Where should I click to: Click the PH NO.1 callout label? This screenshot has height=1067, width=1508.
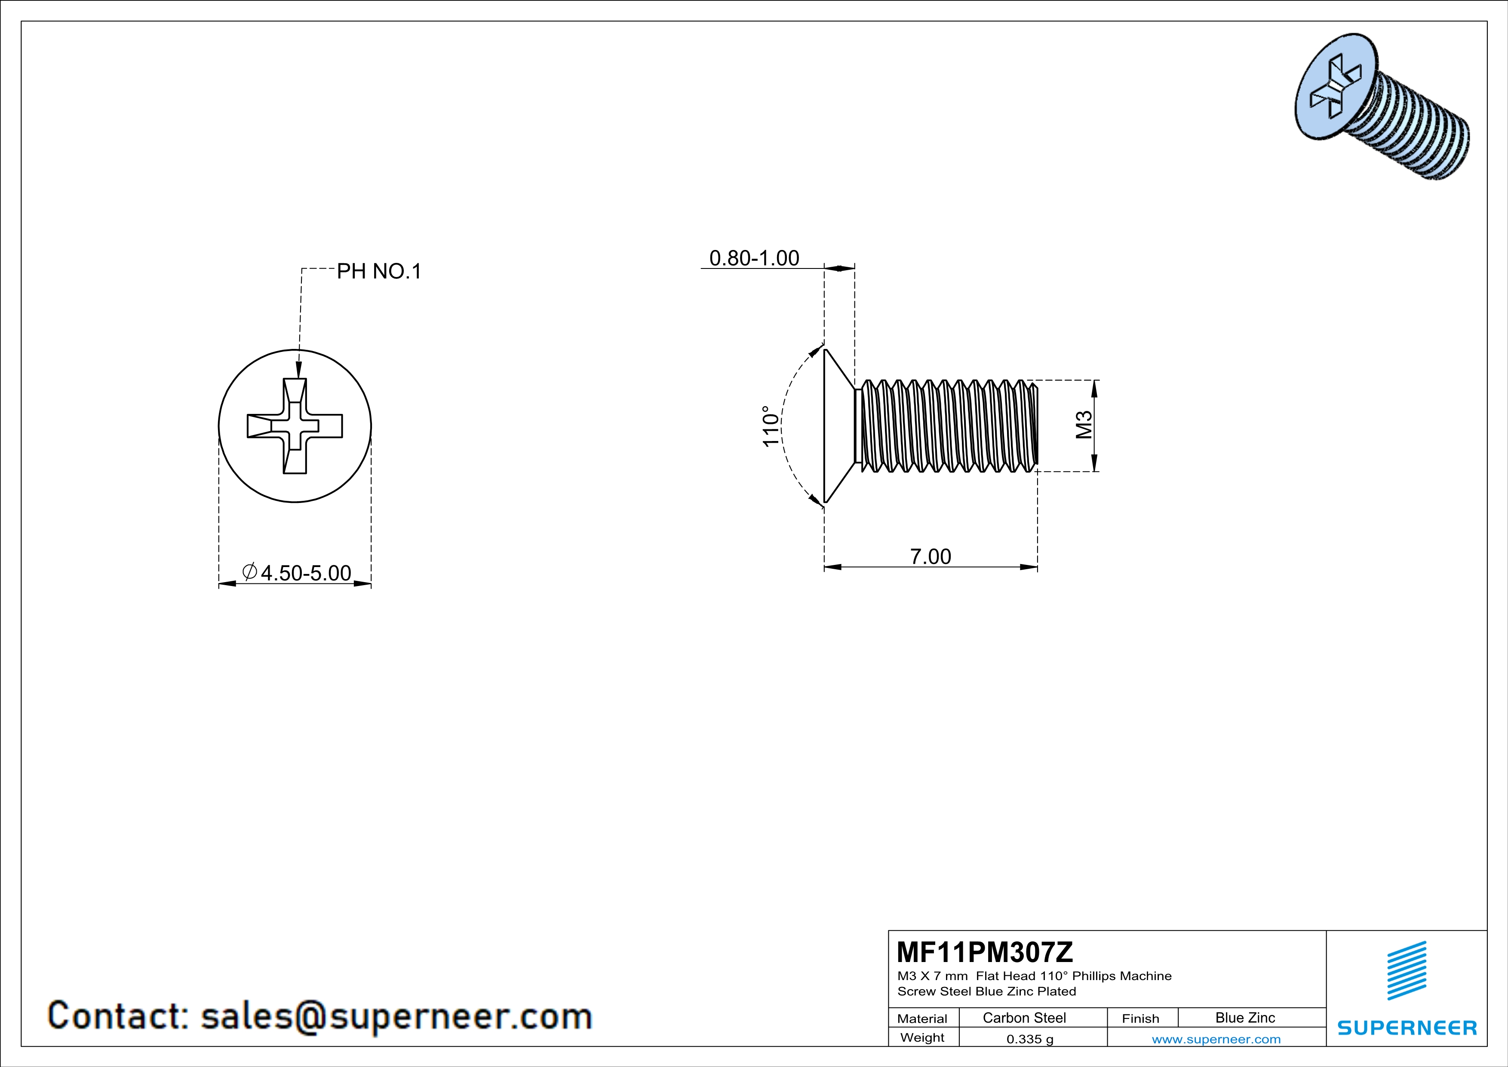coord(378,271)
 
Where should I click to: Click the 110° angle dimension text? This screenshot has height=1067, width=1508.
coord(771,426)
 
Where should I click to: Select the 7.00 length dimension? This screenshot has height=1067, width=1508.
coord(930,556)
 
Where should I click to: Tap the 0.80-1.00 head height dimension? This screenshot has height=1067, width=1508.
coord(754,258)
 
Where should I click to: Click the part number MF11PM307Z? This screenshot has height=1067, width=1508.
coord(985,951)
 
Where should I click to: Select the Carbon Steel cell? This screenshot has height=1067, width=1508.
coord(1024,1018)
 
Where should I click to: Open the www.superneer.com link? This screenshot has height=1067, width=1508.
coord(1216,1039)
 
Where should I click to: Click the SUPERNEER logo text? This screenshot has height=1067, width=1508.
coord(1407,1027)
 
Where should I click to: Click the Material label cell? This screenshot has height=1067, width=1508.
coord(922,1018)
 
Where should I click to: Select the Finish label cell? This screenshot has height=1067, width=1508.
coord(1140,1018)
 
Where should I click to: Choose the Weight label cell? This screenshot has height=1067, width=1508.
coord(922,1037)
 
